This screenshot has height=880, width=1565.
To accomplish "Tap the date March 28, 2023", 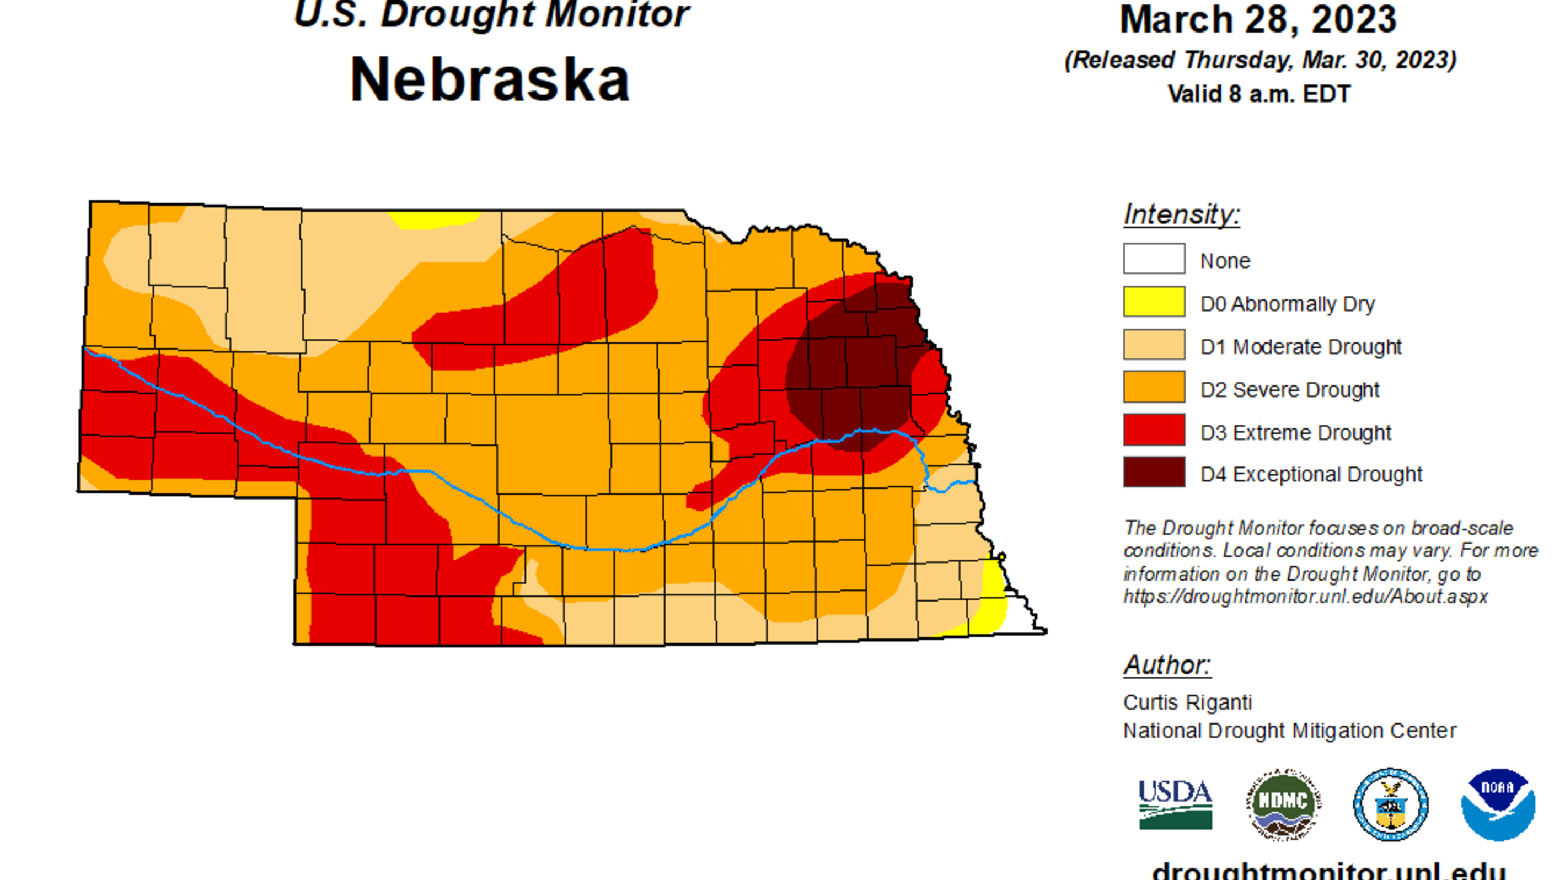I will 1258,19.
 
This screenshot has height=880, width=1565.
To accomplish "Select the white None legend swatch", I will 1153,259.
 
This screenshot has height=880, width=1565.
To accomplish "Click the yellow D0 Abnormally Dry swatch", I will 1153,302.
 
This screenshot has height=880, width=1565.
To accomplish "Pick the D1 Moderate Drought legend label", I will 1300,347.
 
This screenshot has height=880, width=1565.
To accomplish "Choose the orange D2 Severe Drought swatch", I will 1153,387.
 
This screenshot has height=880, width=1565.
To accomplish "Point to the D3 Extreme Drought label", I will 1295,433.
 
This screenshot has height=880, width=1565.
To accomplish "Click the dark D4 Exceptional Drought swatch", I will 1153,472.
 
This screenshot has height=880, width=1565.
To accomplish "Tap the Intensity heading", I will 1181,214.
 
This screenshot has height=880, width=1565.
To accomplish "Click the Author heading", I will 1166,665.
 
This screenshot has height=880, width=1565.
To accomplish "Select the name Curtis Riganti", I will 1187,702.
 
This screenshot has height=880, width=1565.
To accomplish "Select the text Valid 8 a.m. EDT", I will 1258,94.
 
